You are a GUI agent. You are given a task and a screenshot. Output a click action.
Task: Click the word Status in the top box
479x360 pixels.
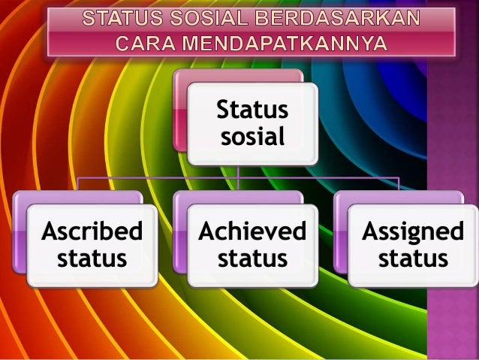point(253,110)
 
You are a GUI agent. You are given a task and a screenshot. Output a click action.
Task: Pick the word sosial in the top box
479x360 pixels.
point(253,137)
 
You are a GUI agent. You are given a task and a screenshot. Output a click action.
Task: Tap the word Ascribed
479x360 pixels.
point(92,231)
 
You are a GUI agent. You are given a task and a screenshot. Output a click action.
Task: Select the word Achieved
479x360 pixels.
point(252,231)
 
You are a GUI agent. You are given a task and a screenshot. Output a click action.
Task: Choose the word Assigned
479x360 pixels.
point(413,231)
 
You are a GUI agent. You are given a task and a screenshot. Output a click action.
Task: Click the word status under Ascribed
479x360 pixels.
point(92,259)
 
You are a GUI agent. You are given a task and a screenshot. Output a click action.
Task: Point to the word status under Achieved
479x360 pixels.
point(252,259)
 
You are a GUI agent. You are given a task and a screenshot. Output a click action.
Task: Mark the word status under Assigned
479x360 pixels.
point(413,259)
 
